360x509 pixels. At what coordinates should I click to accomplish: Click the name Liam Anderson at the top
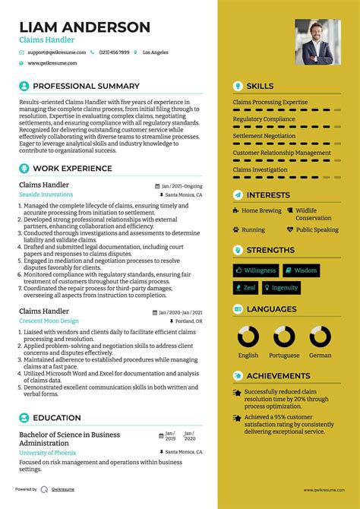pos(85,27)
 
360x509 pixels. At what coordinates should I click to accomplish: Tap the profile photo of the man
pos(317,42)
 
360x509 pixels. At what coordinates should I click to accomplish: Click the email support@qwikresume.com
pos(55,52)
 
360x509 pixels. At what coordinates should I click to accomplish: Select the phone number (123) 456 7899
pos(114,52)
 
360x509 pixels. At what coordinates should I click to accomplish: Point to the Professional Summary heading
pos(86,86)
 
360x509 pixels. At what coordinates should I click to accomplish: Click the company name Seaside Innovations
pos(46,195)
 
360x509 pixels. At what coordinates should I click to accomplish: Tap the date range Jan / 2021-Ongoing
pos(182,185)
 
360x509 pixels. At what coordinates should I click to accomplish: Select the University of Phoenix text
pos(49,453)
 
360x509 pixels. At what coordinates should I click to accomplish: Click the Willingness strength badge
pos(255,270)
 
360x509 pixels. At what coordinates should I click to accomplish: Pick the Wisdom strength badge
pos(302,270)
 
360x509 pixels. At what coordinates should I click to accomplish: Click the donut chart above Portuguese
pos(284,337)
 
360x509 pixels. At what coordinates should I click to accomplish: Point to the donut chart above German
pos(320,337)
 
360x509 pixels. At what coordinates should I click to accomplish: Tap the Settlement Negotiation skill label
pos(265,136)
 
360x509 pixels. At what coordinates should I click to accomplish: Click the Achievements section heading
pos(276,375)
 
